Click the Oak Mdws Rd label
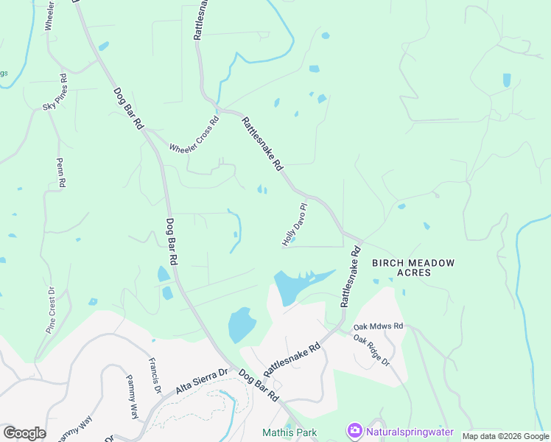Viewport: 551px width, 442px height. click(379, 326)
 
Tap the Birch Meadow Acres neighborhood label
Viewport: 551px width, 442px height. click(413, 267)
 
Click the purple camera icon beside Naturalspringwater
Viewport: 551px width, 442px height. click(354, 430)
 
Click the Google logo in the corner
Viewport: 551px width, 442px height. click(24, 433)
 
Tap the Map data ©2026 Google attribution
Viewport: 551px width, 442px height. click(505, 436)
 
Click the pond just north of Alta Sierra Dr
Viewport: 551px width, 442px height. click(241, 324)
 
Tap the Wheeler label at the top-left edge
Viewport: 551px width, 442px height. click(49, 15)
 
